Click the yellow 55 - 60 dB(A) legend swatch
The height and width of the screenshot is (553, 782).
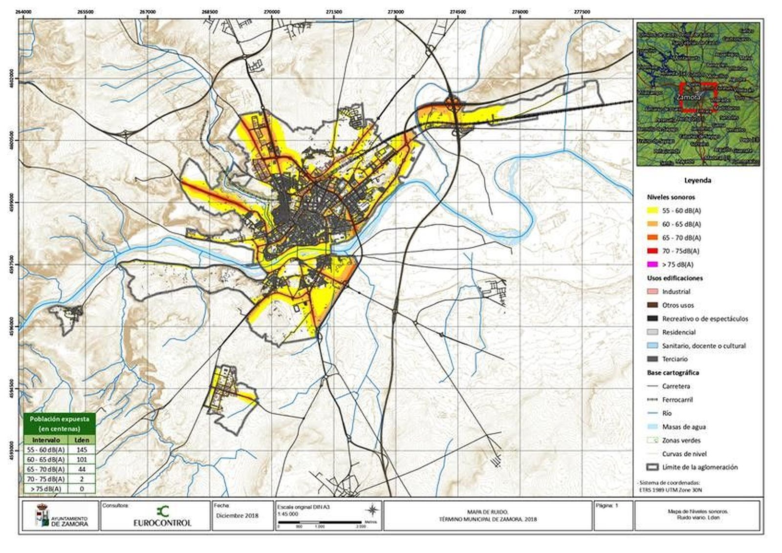[x=652, y=211]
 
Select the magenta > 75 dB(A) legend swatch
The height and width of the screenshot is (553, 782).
[x=652, y=264]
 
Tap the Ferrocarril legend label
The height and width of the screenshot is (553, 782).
[x=677, y=400]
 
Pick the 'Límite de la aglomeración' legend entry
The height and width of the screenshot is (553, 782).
[x=700, y=467]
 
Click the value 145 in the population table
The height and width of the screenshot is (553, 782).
[x=82, y=449]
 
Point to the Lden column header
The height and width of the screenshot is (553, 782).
[x=82, y=440]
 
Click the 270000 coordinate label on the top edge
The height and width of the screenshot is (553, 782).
[x=272, y=12]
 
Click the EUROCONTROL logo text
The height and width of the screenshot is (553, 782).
[x=162, y=523]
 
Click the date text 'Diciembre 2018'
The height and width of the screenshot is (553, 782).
[x=237, y=516]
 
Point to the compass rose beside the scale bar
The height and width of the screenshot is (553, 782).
[x=372, y=510]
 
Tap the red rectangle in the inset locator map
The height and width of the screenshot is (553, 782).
[x=697, y=98]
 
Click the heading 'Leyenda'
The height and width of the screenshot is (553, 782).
[x=697, y=180]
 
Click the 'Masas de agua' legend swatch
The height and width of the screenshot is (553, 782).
[x=652, y=426]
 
